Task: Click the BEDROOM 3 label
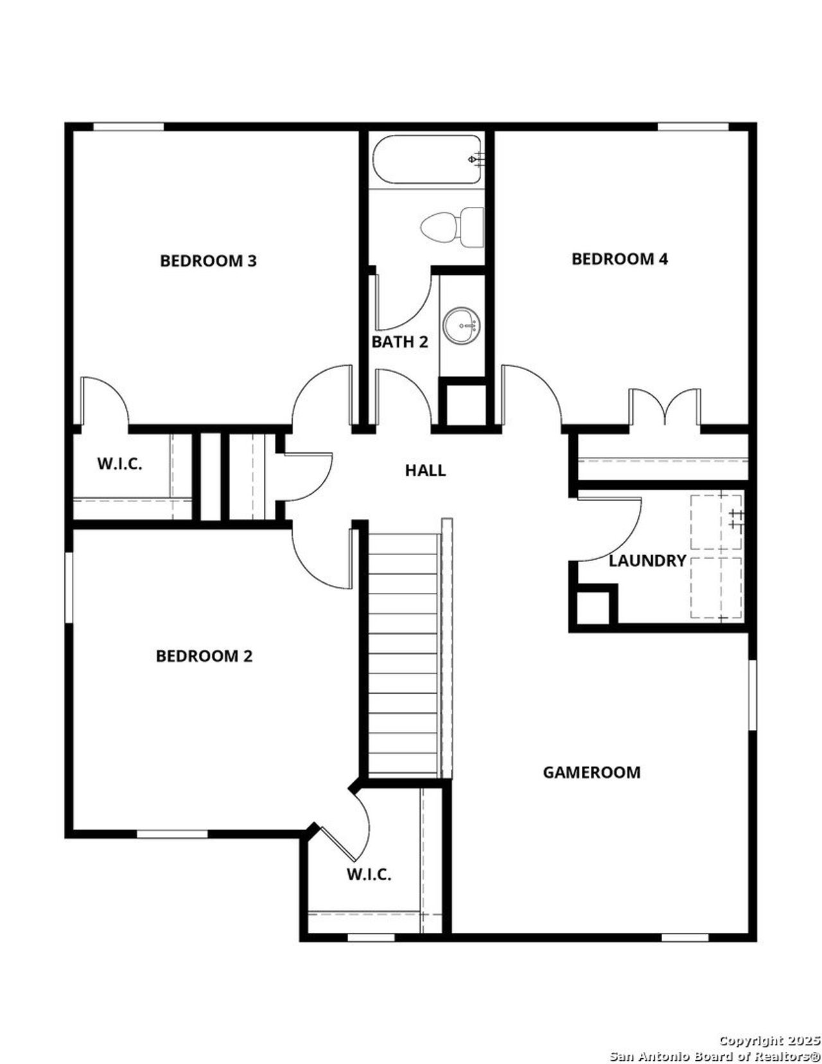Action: tap(208, 261)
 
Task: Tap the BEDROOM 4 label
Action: tap(620, 259)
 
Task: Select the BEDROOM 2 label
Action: tap(204, 656)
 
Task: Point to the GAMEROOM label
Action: tap(591, 772)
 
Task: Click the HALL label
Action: tap(425, 470)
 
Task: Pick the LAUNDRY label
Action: tap(647, 561)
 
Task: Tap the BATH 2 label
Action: tap(399, 342)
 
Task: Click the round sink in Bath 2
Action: tap(462, 326)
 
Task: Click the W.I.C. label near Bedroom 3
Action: tap(119, 464)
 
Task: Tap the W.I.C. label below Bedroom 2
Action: tap(369, 874)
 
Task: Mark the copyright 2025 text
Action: tap(769, 1040)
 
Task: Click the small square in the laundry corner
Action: tap(592, 607)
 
